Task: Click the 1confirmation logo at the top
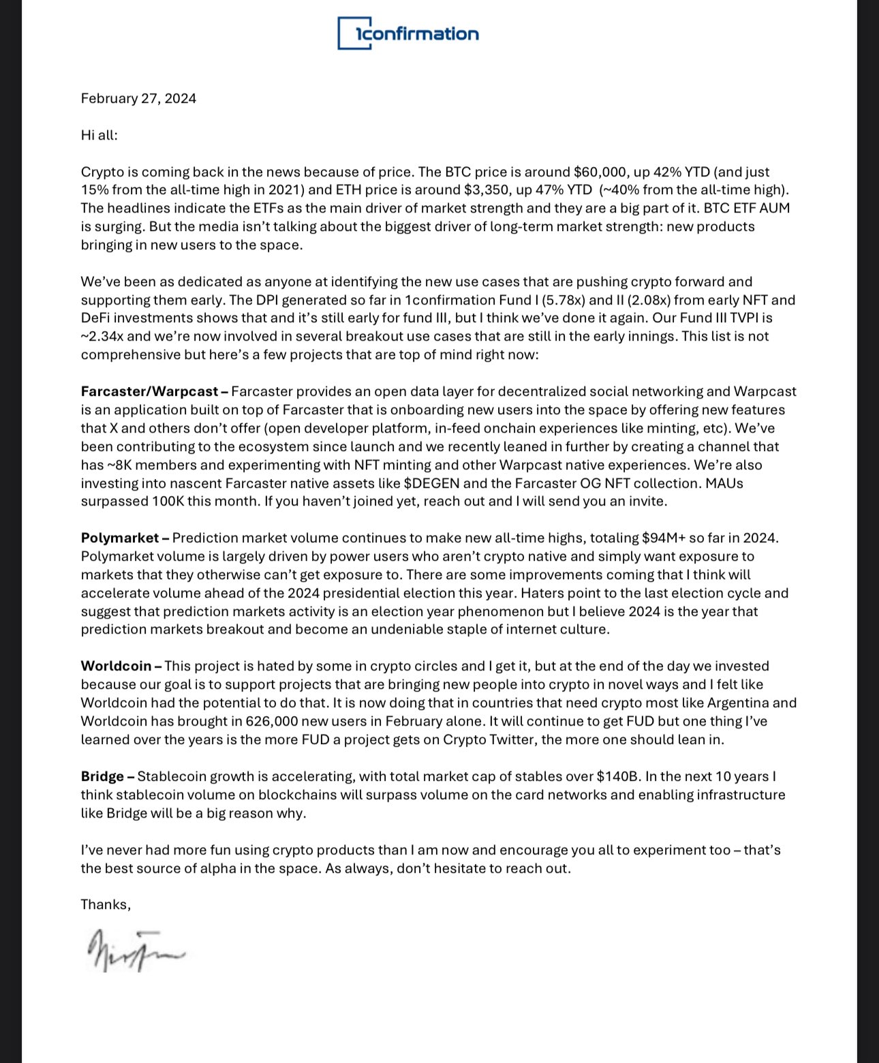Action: tap(408, 33)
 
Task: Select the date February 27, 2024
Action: tap(138, 98)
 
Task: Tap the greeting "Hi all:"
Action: tap(99, 135)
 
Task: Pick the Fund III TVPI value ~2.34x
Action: tap(105, 336)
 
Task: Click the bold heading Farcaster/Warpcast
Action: tap(149, 392)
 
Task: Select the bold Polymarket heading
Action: tap(119, 538)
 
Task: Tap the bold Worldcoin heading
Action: tap(116, 666)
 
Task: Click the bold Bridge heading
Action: tap(102, 777)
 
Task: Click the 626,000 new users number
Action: tap(262, 722)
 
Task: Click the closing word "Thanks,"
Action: tap(106, 905)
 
